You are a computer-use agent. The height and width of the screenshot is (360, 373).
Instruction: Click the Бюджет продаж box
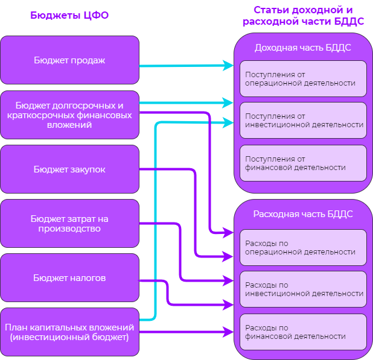click(69, 60)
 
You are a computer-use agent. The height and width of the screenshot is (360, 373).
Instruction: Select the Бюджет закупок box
click(69, 169)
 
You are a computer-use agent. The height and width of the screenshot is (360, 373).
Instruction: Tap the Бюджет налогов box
click(69, 277)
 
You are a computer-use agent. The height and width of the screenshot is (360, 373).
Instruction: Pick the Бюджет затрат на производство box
click(69, 223)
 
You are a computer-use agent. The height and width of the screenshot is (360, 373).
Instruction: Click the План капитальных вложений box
click(69, 332)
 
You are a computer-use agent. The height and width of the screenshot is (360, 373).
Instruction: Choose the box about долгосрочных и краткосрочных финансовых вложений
click(69, 115)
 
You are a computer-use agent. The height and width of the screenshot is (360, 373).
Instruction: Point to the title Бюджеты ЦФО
click(69, 15)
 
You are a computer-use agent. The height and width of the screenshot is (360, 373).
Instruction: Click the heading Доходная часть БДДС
click(303, 48)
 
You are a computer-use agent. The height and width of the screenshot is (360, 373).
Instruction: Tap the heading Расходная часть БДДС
click(303, 214)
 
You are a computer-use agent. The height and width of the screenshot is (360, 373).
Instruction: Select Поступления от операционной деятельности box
click(303, 78)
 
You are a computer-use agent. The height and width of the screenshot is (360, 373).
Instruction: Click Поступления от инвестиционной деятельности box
click(303, 120)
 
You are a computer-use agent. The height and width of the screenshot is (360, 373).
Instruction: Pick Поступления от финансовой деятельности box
click(303, 163)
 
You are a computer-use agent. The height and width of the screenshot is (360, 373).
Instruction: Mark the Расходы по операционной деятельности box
click(303, 247)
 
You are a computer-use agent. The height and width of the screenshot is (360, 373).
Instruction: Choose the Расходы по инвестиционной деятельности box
click(303, 289)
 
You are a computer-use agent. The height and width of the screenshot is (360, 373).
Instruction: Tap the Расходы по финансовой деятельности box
click(303, 332)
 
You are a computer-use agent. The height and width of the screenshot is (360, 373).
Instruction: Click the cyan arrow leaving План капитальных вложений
click(155, 221)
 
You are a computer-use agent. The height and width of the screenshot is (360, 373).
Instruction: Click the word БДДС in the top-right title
click(349, 21)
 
